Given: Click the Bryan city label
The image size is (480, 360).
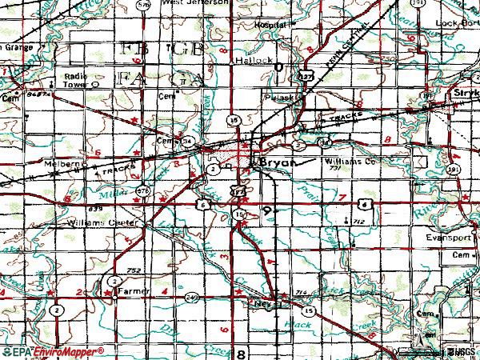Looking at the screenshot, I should (279, 162).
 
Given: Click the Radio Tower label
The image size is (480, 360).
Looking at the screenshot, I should (76, 80).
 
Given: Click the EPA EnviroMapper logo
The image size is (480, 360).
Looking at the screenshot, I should (52, 351).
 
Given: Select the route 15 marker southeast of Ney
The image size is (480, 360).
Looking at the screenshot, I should (307, 310).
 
